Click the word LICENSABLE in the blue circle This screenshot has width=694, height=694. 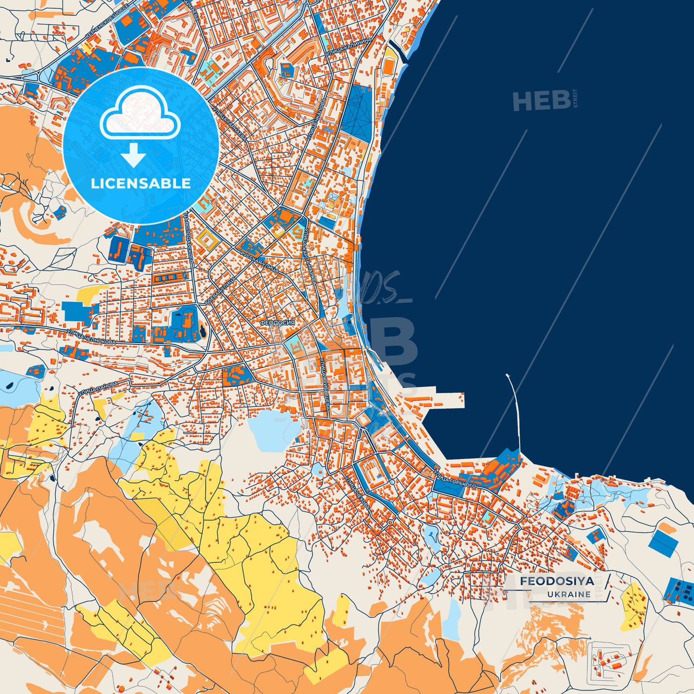coord(141,183)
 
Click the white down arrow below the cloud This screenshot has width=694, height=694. coord(134,155)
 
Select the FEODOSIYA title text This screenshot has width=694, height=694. coord(557,581)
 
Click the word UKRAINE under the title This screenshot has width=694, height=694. coord(569,594)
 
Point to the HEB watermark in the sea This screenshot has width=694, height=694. coord(541,101)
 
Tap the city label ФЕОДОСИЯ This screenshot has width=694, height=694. coord(277,323)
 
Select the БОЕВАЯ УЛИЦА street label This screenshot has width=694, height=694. coord(219,290)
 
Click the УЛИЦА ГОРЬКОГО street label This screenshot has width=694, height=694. coord(455,480)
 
